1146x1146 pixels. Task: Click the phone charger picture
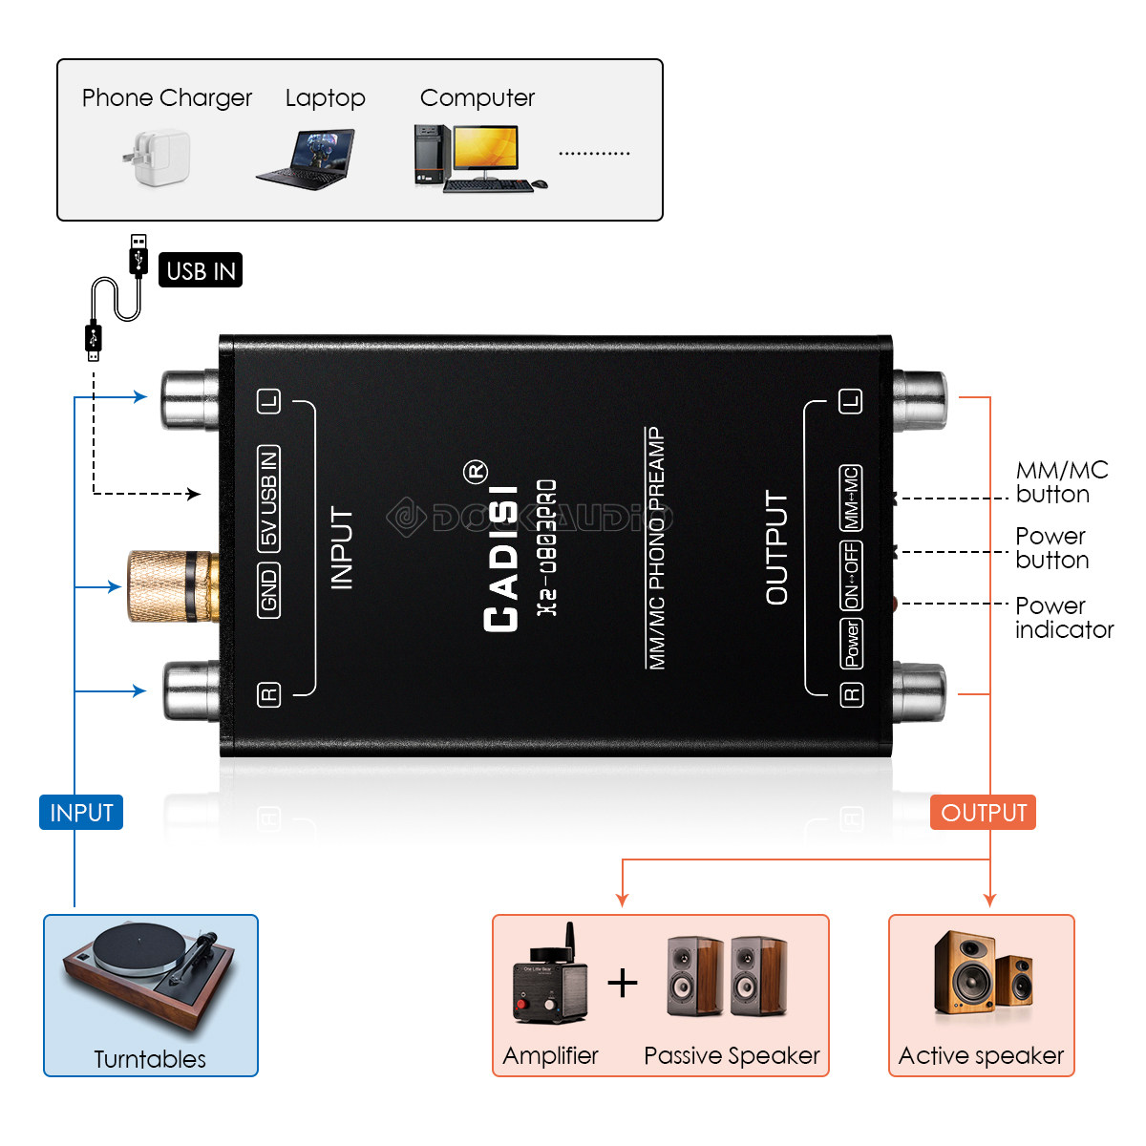tap(159, 158)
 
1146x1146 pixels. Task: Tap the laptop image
tap(308, 159)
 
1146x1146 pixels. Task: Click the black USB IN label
tap(201, 270)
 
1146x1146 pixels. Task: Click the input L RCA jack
tap(190, 398)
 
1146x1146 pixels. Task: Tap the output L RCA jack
tap(919, 399)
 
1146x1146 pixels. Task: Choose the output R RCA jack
tap(919, 692)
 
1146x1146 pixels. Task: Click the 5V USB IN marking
tap(269, 498)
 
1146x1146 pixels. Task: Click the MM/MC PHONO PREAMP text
tap(656, 548)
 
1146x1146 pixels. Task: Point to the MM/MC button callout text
tap(1061, 482)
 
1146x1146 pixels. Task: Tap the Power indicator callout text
tap(1063, 618)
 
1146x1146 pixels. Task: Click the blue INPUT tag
tap(81, 813)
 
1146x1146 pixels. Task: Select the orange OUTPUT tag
tap(983, 813)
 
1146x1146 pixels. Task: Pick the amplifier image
tap(549, 979)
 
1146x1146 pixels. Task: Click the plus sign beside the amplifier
tap(623, 983)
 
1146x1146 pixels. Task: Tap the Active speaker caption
tap(981, 1055)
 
